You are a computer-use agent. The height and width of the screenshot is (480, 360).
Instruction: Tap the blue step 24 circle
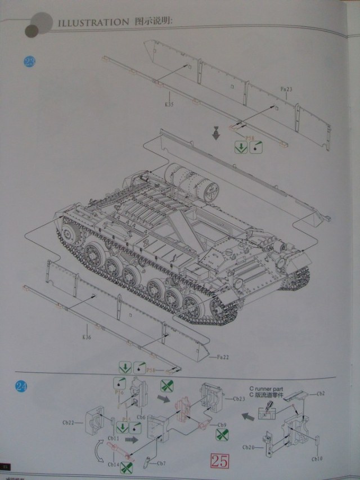[x=21, y=387]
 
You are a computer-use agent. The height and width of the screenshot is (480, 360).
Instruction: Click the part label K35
[x=169, y=104]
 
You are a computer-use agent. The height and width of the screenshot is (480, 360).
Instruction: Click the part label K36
[x=86, y=338]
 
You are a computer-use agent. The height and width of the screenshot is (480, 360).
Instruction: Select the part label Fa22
[x=222, y=356]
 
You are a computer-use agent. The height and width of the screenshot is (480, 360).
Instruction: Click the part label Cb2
[x=321, y=394]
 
